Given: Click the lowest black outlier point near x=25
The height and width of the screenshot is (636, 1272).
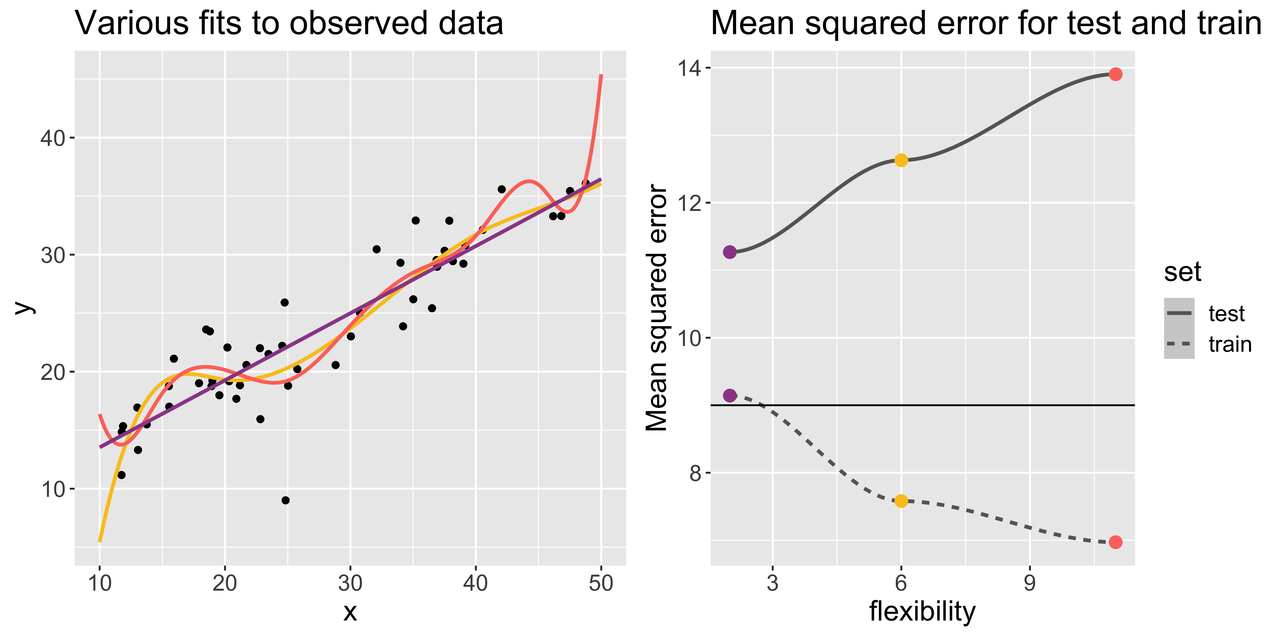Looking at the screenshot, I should pyautogui.click(x=285, y=500).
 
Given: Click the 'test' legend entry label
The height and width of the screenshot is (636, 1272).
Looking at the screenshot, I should pyautogui.click(x=1226, y=314).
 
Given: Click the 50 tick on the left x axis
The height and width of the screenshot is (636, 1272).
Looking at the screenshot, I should pyautogui.click(x=601, y=583).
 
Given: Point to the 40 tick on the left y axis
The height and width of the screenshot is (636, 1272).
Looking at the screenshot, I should pyautogui.click(x=53, y=138).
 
